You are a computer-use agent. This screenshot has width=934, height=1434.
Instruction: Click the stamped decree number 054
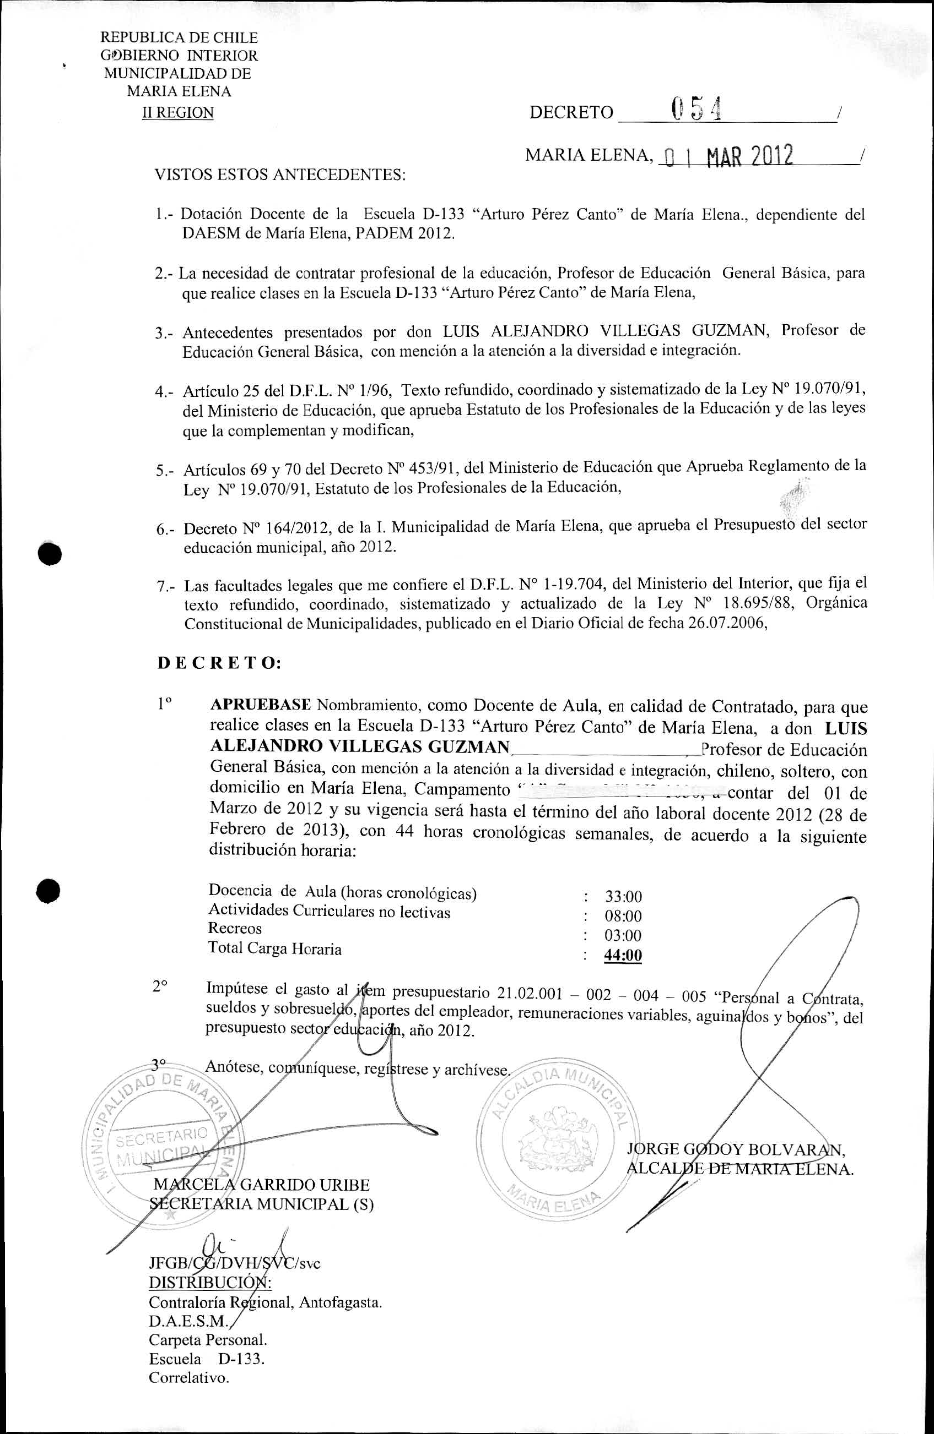click(x=697, y=110)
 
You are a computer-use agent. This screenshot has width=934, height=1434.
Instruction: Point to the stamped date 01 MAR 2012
click(x=727, y=156)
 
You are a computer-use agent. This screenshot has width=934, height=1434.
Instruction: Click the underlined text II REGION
click(x=178, y=113)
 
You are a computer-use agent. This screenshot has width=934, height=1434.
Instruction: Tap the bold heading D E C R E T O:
click(x=219, y=663)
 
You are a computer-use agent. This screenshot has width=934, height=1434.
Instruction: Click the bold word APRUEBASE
click(x=261, y=705)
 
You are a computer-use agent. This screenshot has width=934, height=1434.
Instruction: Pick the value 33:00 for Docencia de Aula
click(x=623, y=897)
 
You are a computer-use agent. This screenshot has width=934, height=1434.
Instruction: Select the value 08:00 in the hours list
click(x=623, y=917)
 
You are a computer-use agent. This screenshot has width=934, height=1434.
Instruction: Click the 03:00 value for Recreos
click(x=623, y=936)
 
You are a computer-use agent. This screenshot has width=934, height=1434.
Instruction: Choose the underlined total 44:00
click(x=623, y=956)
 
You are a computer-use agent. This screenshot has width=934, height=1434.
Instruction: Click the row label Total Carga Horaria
click(x=275, y=948)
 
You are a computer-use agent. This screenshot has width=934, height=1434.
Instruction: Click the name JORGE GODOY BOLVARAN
click(x=735, y=1149)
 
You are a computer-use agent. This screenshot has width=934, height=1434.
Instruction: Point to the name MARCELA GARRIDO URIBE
click(x=262, y=1185)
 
